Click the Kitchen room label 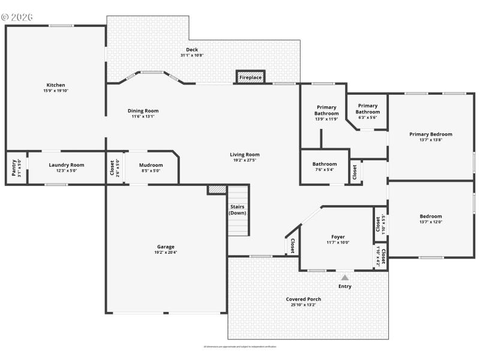pyautogui.click(x=56, y=85)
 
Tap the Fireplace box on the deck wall pyautogui.click(x=250, y=77)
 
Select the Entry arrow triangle pyautogui.click(x=344, y=278)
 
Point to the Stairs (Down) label pyautogui.click(x=238, y=210)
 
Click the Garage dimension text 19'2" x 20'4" pyautogui.click(x=166, y=252)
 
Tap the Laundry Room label pyautogui.click(x=67, y=164)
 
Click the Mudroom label pyautogui.click(x=151, y=165)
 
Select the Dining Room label pyautogui.click(x=143, y=110)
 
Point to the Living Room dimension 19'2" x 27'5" pyautogui.click(x=245, y=160)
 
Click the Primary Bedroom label pyautogui.click(x=430, y=134)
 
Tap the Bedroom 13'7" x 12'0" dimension pyautogui.click(x=430, y=222)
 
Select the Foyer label pyautogui.click(x=338, y=236)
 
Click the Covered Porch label pyautogui.click(x=303, y=299)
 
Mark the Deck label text pyautogui.click(x=192, y=50)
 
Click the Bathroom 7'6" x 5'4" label pyautogui.click(x=324, y=164)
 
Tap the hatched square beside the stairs pyautogui.click(x=216, y=189)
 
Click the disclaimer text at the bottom pyautogui.click(x=239, y=346)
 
